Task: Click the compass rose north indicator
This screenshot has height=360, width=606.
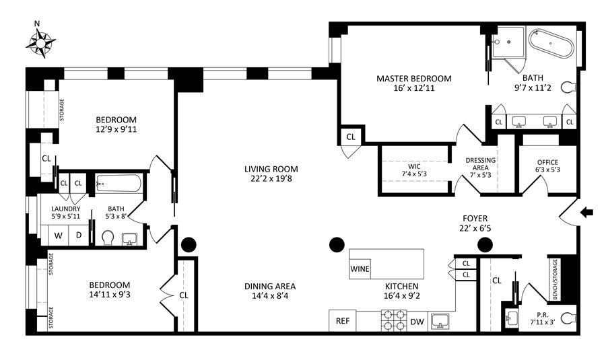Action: coord(40,42)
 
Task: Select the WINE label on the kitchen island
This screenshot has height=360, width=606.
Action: coord(360,268)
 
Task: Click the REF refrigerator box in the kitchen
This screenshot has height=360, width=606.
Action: coord(343,320)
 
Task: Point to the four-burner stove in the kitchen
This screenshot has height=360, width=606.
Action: coord(394,320)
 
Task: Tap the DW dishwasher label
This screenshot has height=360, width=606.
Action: coord(417,322)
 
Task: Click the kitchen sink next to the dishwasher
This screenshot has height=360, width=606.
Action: coord(440,321)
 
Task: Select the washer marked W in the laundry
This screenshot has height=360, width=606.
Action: coord(58,236)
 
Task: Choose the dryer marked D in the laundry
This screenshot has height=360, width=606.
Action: coord(79,236)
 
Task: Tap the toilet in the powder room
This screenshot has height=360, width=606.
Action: coord(568,319)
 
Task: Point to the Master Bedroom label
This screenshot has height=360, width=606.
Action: coord(414,79)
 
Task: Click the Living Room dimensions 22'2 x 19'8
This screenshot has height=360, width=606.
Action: coord(271,179)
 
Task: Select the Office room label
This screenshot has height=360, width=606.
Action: coord(547,162)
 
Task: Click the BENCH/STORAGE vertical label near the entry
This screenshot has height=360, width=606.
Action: coord(555,279)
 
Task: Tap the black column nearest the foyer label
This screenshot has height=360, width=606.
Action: coord(485,244)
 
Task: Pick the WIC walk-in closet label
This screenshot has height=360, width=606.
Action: coord(414,167)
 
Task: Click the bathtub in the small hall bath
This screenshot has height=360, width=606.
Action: coord(119,183)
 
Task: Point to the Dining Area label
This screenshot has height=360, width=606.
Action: coord(270,286)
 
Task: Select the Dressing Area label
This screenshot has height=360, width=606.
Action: coord(480,164)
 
